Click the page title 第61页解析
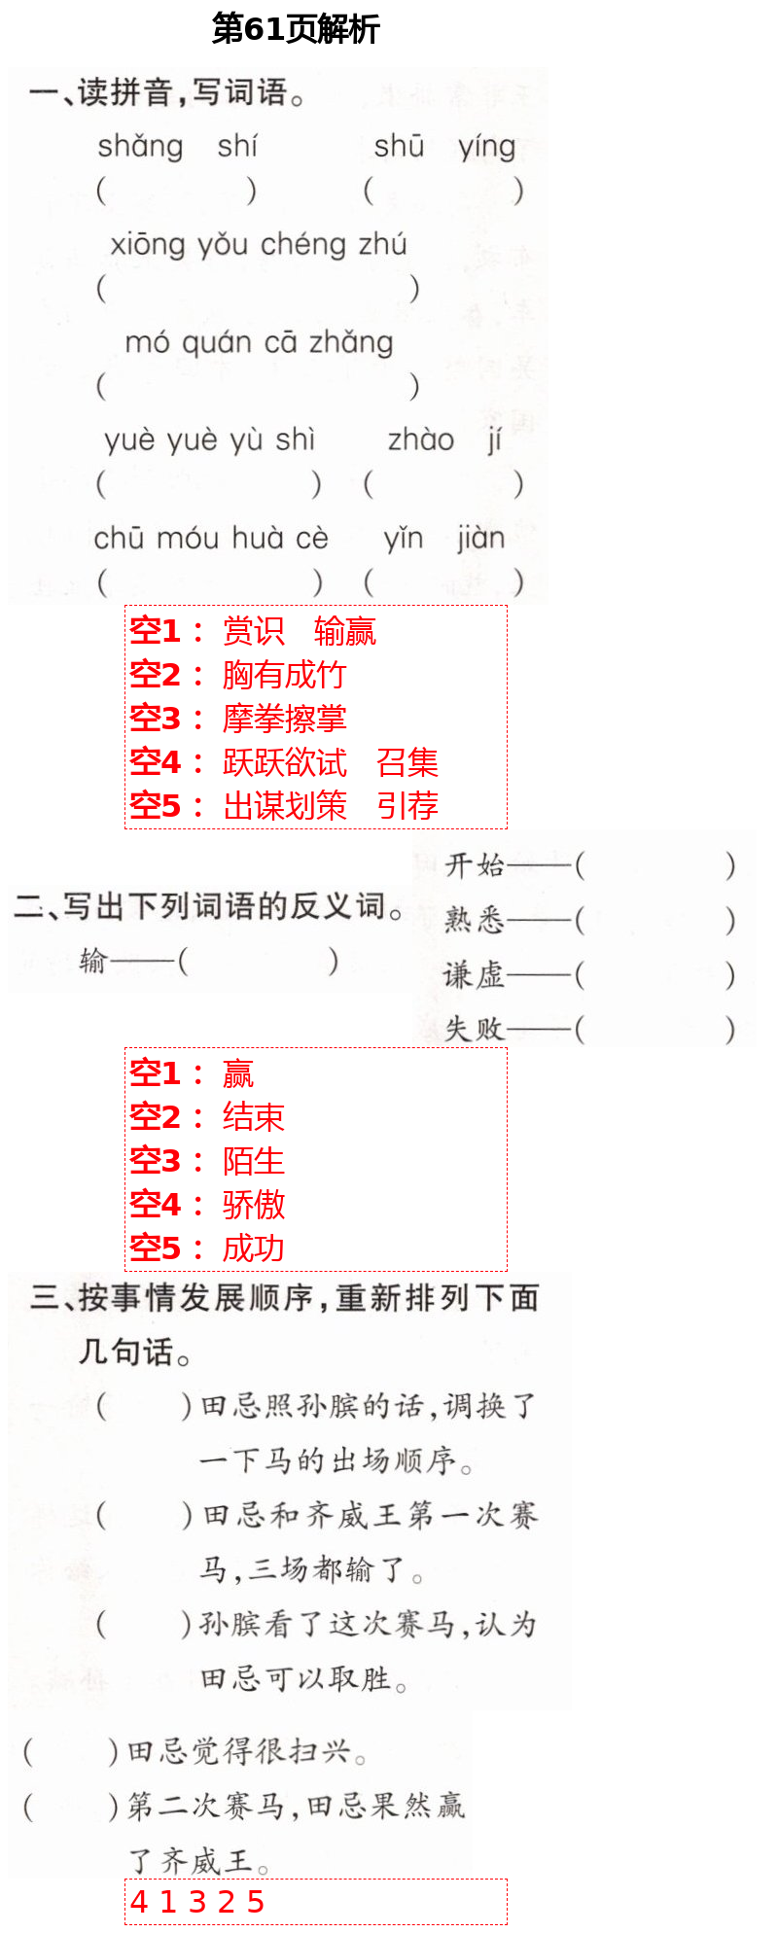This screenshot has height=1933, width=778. [x=295, y=29]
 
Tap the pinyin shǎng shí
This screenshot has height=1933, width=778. [x=177, y=147]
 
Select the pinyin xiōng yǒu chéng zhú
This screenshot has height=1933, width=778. [x=258, y=244]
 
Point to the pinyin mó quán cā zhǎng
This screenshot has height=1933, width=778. [x=259, y=342]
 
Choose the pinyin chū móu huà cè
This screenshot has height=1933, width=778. [x=211, y=538]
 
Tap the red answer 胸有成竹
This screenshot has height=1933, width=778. [x=284, y=675]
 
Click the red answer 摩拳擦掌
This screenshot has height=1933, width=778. [x=284, y=719]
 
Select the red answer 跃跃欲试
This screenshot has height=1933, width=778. [x=284, y=762]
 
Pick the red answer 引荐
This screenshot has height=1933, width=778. [x=407, y=806]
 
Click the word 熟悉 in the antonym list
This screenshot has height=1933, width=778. [x=475, y=919]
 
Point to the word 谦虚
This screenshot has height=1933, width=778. [x=475, y=974]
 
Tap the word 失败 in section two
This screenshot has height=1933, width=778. [x=475, y=1029]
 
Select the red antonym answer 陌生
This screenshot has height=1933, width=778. [x=253, y=1161]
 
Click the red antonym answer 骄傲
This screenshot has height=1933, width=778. [x=253, y=1205]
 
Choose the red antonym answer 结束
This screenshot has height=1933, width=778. [x=253, y=1117]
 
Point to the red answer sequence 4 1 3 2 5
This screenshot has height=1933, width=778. [x=197, y=1902]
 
